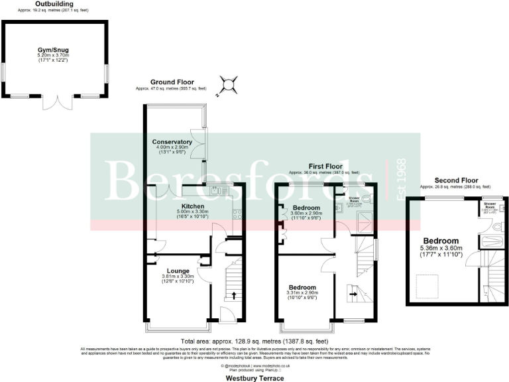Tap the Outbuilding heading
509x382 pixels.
point(55,4)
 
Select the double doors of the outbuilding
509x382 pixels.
point(56,103)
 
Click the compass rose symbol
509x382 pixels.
point(229,84)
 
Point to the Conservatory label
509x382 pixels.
point(172,142)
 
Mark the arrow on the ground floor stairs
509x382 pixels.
point(233,295)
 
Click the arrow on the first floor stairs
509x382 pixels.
point(352,290)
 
